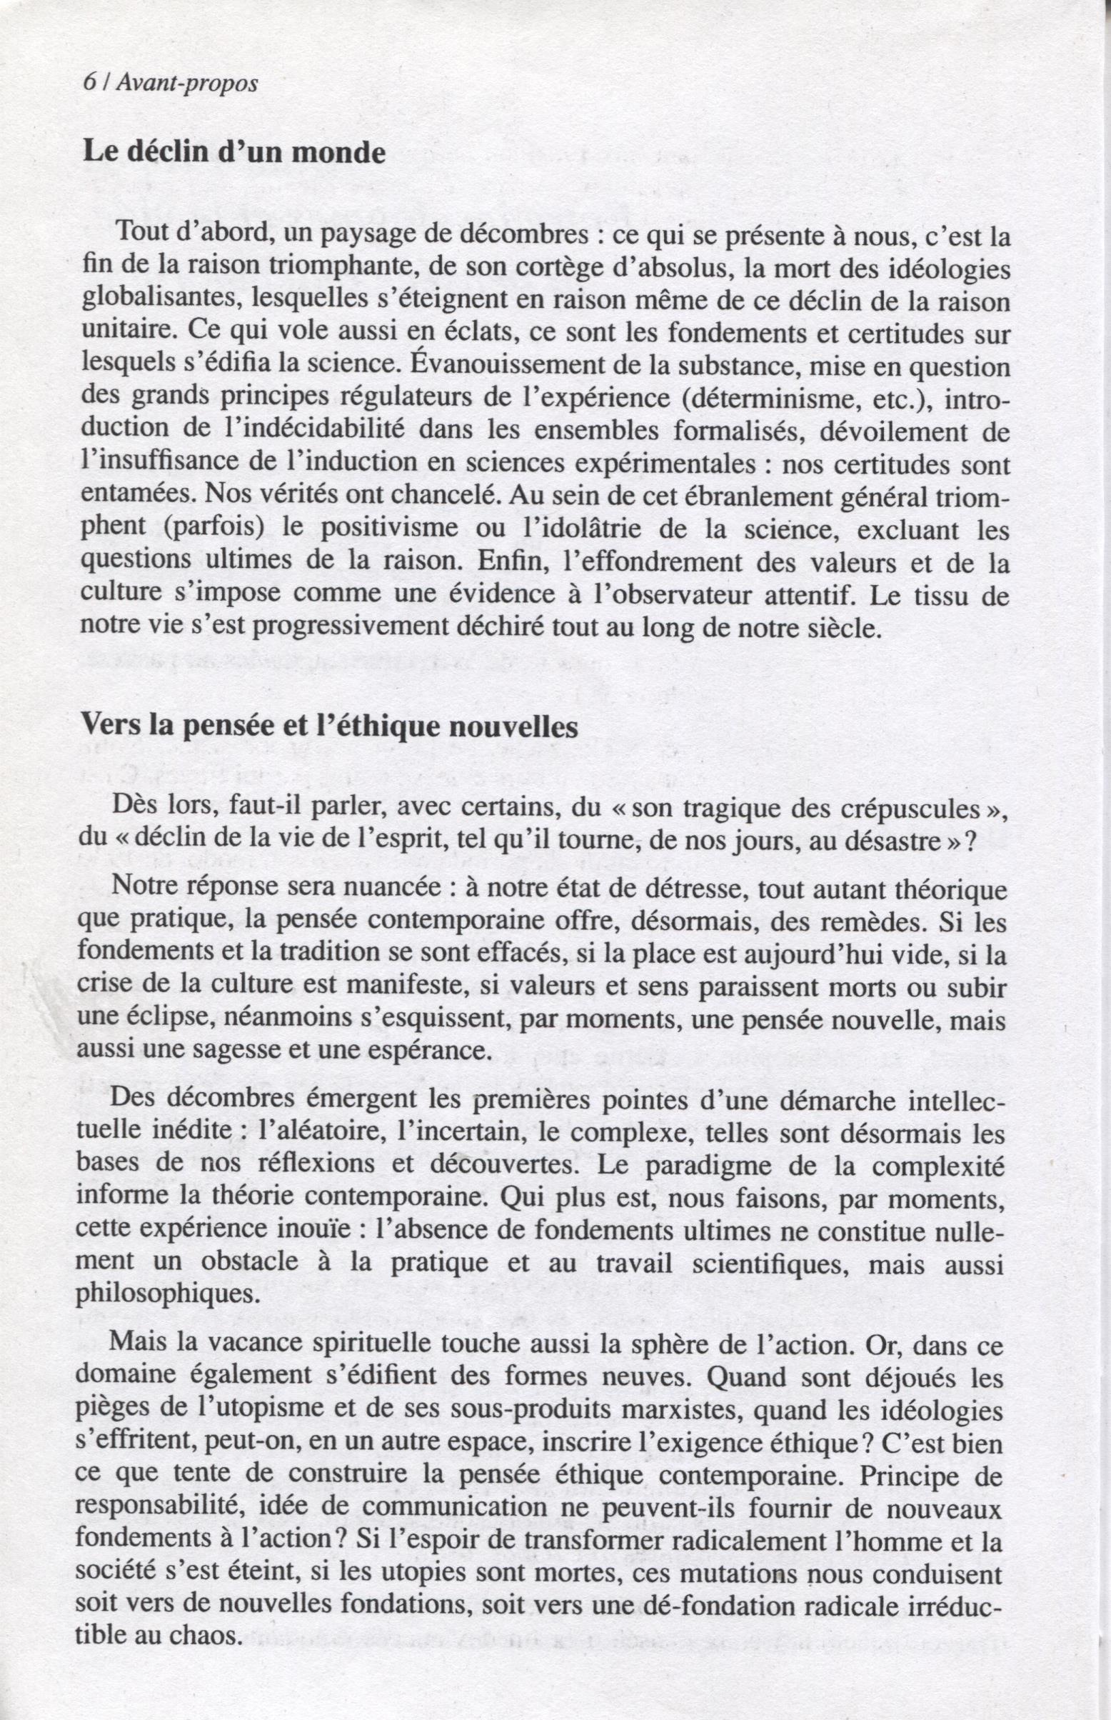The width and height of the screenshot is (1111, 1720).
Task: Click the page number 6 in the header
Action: [x=88, y=83]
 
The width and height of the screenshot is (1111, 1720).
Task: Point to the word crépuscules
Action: [x=911, y=809]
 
